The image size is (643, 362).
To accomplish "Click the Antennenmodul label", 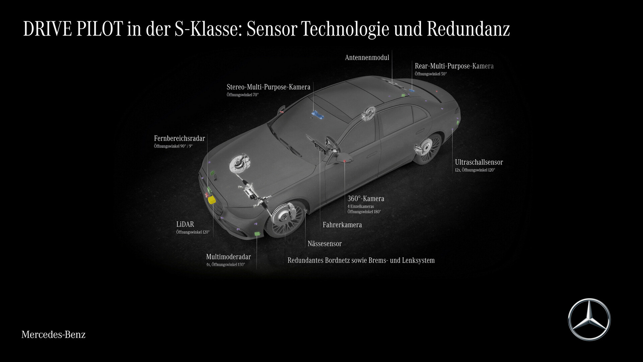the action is (x=367, y=58).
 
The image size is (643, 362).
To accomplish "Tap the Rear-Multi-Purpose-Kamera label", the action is (x=454, y=66).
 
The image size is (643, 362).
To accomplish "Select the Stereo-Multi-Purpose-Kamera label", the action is (x=269, y=87).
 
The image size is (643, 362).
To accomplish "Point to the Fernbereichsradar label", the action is (x=180, y=138).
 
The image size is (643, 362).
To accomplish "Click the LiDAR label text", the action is (x=185, y=224).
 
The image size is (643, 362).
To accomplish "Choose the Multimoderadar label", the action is (x=228, y=257).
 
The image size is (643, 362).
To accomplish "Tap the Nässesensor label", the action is (x=325, y=244).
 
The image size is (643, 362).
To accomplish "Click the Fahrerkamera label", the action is (x=342, y=225).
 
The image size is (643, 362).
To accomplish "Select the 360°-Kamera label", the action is (x=366, y=199).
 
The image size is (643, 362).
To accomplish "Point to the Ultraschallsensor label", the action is (x=479, y=162).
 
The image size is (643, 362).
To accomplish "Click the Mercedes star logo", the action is (x=589, y=319).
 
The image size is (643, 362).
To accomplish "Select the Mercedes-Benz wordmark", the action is (x=54, y=335).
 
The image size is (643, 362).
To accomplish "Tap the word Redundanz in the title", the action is (x=468, y=29).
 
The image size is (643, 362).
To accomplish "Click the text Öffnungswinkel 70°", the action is (x=242, y=95).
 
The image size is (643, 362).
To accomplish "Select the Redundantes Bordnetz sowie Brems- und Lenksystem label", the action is (x=361, y=260).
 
